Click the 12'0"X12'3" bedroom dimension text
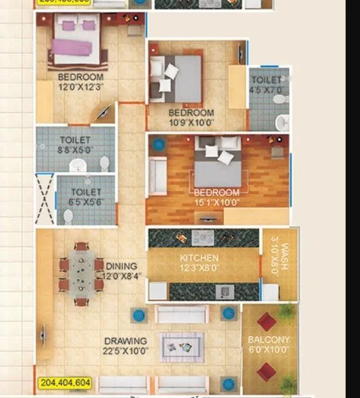[x=81, y=87]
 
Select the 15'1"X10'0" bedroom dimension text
[x=216, y=202]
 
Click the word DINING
[x=121, y=266]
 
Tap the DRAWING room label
[x=125, y=341]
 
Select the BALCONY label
[x=269, y=340]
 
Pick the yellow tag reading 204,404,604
[x=66, y=383]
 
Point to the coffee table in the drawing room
[x=182, y=346]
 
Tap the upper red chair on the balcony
[x=266, y=321]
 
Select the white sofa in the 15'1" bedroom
[x=157, y=175]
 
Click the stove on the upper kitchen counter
[x=203, y=238]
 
